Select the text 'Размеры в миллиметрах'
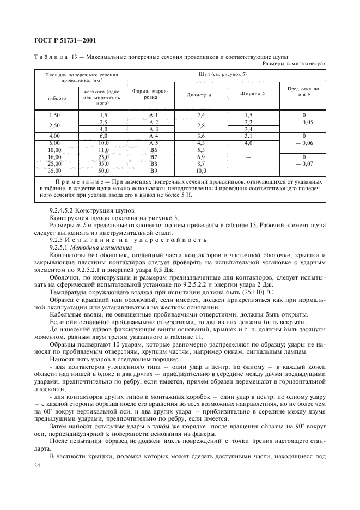(x=294, y=63)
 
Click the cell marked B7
(x=153, y=156)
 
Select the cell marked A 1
(x=153, y=116)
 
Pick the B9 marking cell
(x=153, y=170)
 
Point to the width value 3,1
(x=249, y=136)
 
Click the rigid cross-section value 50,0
(x=103, y=170)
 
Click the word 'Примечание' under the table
(x=80, y=179)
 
